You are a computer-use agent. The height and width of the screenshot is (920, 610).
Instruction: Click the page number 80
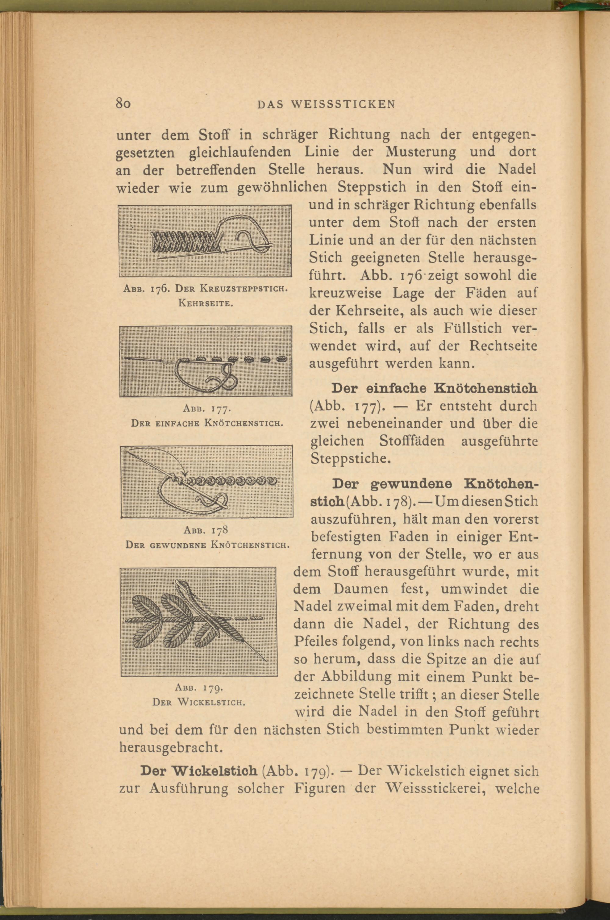(124, 104)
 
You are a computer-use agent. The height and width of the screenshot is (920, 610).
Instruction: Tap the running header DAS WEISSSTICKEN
(326, 104)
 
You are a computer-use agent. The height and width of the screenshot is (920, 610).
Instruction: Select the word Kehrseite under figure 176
(205, 303)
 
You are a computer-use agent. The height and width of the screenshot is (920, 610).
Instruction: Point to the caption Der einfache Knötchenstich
(206, 423)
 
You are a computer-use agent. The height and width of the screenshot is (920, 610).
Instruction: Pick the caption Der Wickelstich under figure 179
(199, 702)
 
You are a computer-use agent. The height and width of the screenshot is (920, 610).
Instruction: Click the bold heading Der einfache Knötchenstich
(434, 388)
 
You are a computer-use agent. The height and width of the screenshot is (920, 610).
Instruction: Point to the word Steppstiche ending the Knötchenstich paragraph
(349, 459)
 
